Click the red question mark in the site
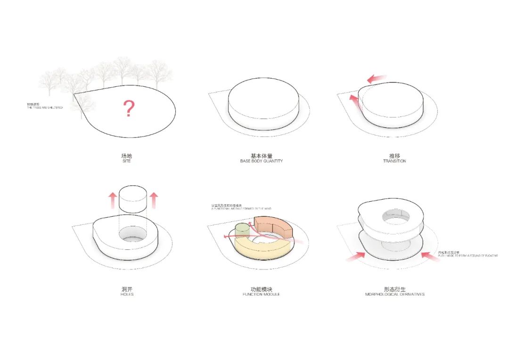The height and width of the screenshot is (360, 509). (129, 109)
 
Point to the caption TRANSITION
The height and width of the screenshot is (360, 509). (394, 161)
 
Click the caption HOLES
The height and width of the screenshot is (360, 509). (127, 294)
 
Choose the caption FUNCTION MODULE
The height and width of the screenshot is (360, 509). (261, 294)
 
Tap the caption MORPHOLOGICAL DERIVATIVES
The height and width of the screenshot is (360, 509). (394, 294)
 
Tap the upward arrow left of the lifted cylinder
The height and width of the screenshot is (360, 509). (112, 200)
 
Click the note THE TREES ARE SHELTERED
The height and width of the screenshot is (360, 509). (45, 108)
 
